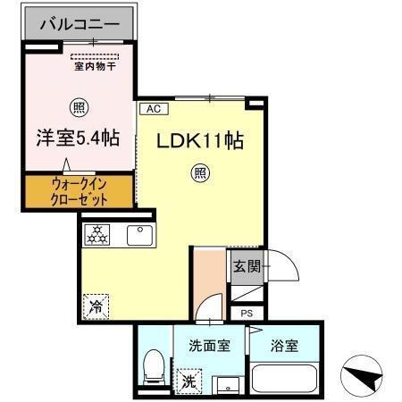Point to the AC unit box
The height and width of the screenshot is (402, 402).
click(152, 109)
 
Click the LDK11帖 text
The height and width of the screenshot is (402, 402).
click(201, 141)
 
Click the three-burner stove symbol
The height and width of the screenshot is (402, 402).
click(96, 236)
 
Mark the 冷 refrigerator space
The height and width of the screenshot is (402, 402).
click(95, 304)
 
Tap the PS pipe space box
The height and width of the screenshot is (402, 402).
click(247, 314)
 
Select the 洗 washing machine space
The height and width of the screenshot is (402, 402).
click(189, 381)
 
